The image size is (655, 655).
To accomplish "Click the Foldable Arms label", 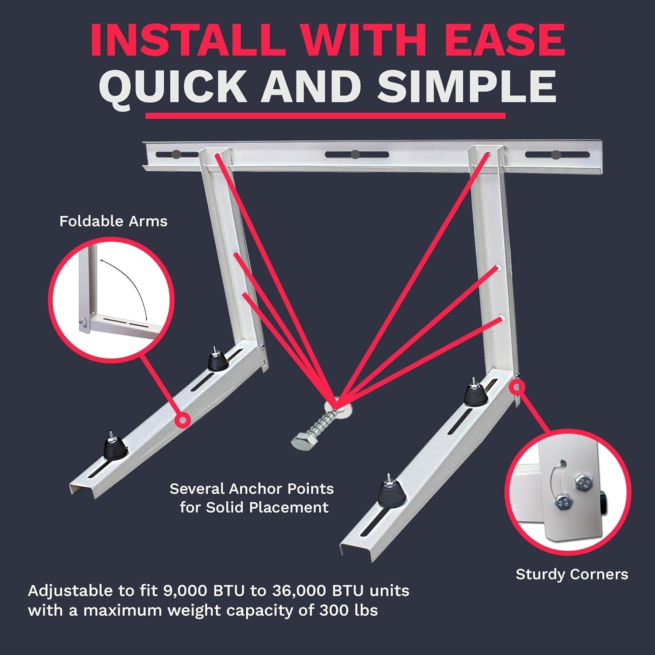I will [114, 221].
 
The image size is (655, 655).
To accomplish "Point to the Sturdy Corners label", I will [572, 574].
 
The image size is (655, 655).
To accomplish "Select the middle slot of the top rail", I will [357, 155].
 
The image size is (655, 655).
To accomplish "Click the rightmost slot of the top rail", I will [555, 155].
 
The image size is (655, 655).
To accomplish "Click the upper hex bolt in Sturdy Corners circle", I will [581, 483].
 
